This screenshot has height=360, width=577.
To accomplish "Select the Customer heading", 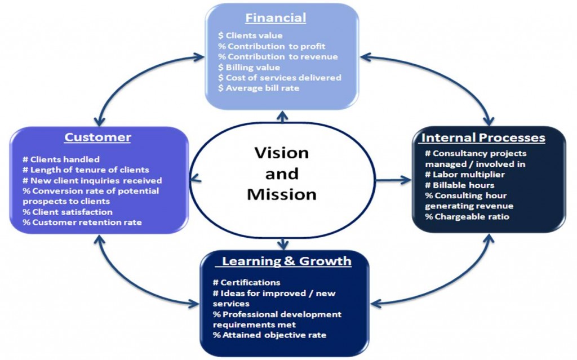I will (x=97, y=137).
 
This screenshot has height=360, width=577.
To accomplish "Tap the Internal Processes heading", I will (x=483, y=137).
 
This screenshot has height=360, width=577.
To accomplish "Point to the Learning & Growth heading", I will (x=286, y=261).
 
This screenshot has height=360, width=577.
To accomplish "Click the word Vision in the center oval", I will (x=281, y=153).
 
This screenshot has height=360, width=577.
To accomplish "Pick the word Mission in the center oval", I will (x=281, y=194).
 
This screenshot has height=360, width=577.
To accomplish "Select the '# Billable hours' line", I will (x=460, y=185).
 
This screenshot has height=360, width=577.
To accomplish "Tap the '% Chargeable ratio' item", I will (x=468, y=216).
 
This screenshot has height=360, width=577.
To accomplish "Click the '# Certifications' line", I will (x=246, y=282).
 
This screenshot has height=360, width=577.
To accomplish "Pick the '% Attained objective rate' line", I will (x=269, y=335).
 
